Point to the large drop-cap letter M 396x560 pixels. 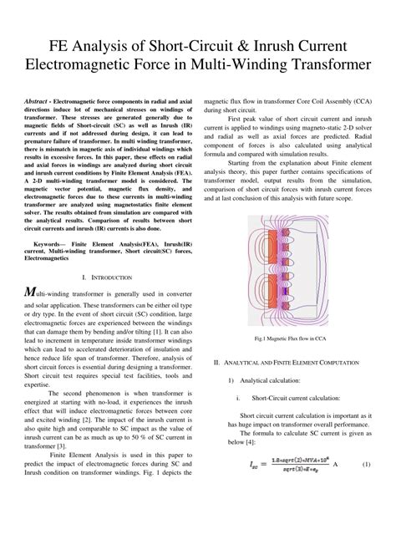[30, 292]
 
